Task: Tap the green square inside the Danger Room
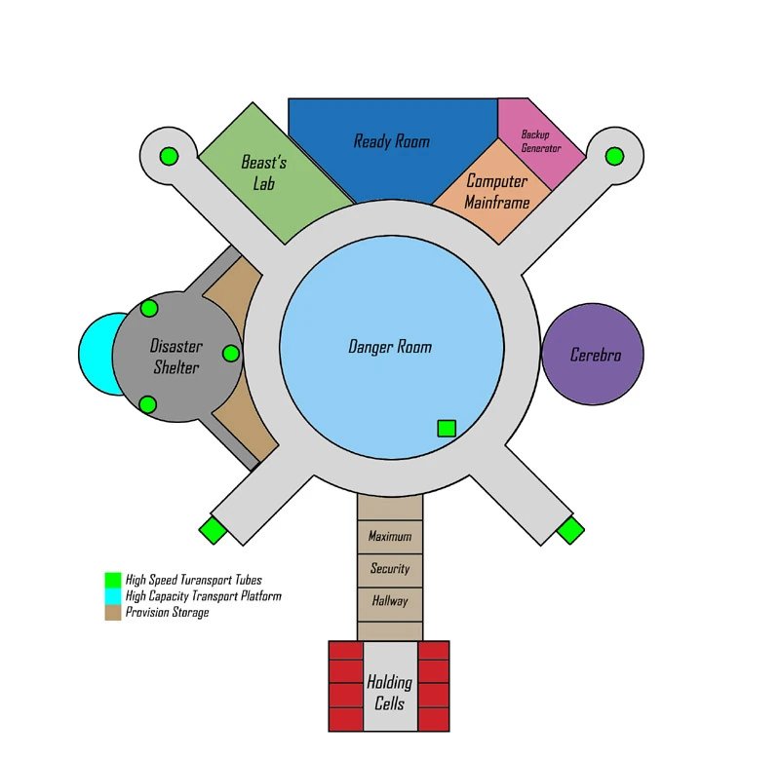tap(447, 428)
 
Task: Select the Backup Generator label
tap(541, 141)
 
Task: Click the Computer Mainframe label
tap(496, 191)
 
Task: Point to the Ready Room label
tap(391, 141)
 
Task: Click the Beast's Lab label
tap(263, 173)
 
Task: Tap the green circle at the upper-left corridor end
tap(169, 156)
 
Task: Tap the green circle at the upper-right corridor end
tap(614, 156)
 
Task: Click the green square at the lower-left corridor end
tap(213, 531)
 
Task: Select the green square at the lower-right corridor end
tap(570, 531)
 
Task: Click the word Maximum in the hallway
tap(389, 536)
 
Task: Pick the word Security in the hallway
tap(390, 568)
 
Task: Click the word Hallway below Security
tap(390, 601)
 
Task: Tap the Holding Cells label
tap(389, 693)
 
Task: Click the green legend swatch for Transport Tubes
tap(113, 580)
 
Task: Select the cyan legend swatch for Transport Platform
tap(113, 596)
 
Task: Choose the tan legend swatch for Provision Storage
tap(113, 612)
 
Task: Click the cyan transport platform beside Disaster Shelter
tap(96, 355)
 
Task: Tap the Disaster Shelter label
tap(176, 357)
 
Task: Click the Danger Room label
tap(389, 347)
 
